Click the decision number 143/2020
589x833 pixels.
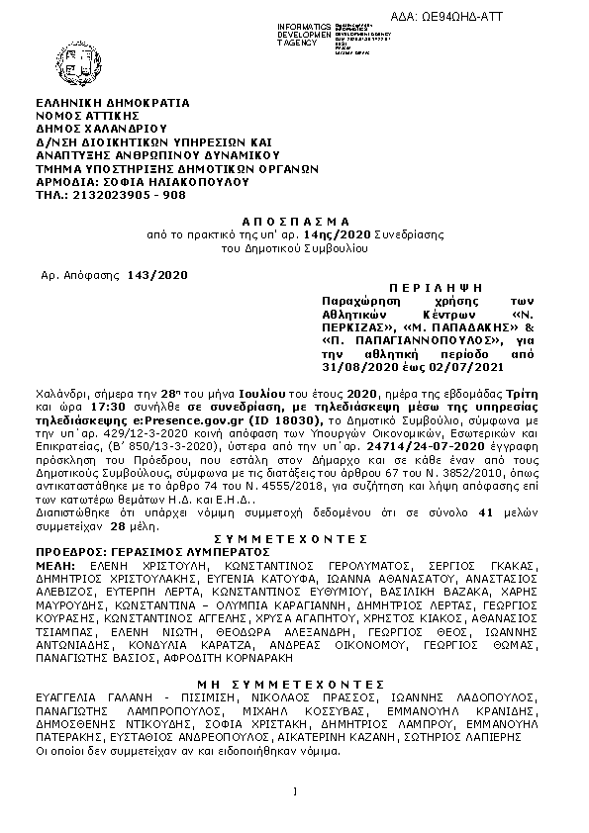click(x=157, y=273)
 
